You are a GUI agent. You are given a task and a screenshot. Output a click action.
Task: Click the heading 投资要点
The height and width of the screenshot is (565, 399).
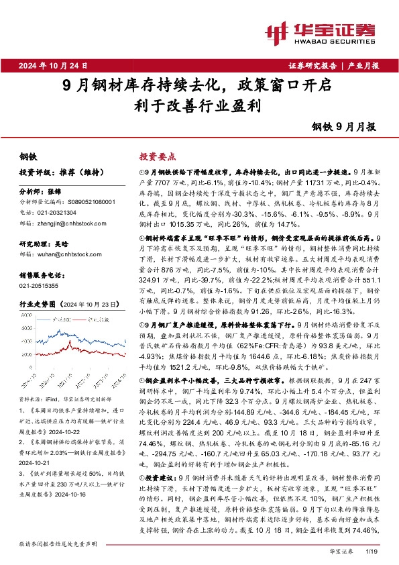click(x=156, y=155)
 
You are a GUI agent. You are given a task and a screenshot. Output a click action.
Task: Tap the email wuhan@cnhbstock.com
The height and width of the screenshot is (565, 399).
click(x=66, y=254)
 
